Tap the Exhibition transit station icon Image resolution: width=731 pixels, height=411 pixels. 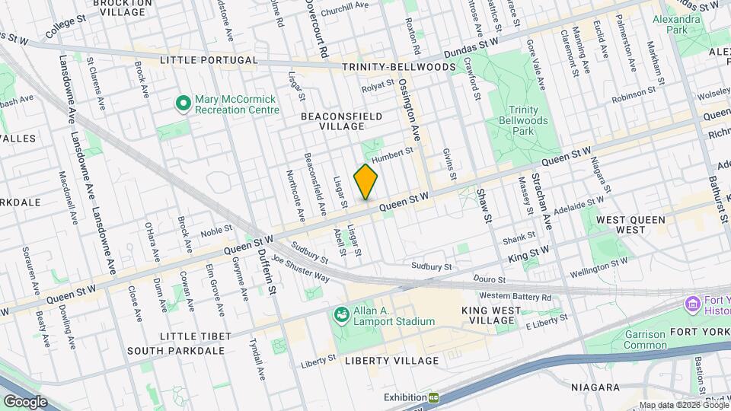tap(433, 397)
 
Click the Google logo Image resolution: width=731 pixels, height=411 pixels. tap(25, 401)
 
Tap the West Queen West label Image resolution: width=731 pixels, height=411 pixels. tap(630, 225)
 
